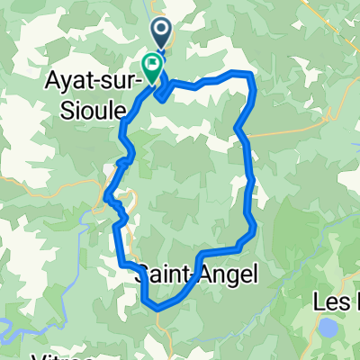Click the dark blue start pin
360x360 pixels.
click(163, 35)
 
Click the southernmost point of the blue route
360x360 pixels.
click(158, 308)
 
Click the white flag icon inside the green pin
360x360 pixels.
click(151, 64)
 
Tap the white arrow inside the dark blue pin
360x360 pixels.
click(163, 32)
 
